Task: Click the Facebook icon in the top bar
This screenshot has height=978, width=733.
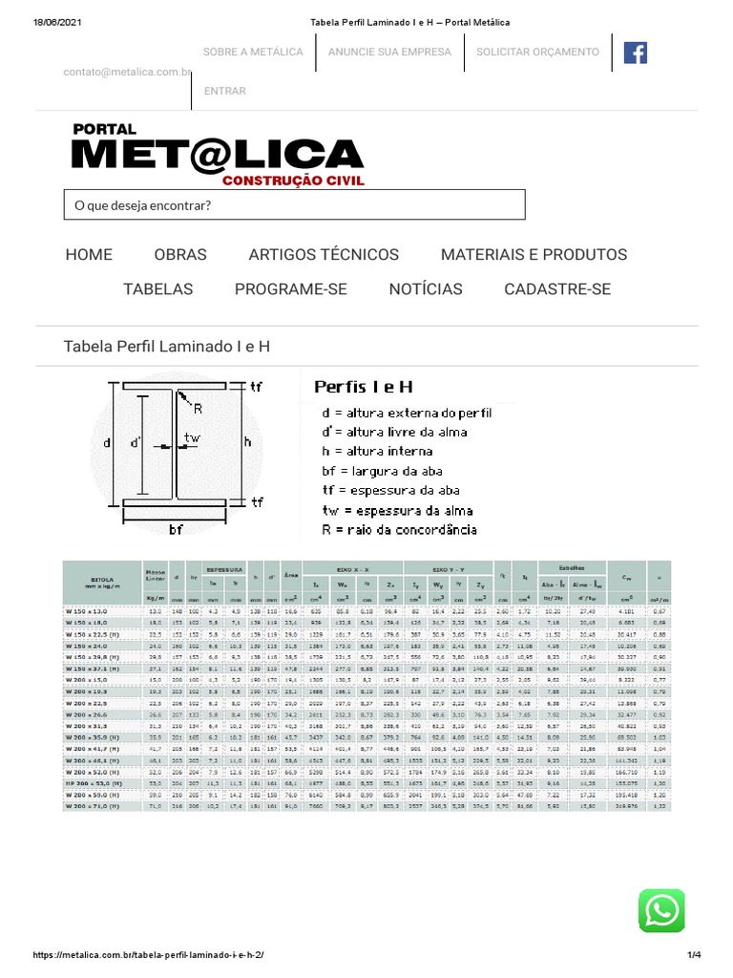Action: click(635, 53)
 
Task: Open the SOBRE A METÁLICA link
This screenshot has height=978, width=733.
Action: click(253, 52)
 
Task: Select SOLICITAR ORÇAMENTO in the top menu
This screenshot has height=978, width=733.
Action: click(538, 52)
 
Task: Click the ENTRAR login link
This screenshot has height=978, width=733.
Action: click(225, 92)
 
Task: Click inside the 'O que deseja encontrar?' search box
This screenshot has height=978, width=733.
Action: click(294, 205)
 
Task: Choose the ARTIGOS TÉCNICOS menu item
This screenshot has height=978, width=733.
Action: click(324, 254)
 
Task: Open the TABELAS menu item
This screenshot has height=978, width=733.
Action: click(157, 288)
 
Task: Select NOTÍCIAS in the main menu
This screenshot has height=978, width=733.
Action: click(426, 288)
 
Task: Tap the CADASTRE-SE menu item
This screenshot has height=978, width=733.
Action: click(557, 288)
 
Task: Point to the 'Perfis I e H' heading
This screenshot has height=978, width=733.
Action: click(364, 387)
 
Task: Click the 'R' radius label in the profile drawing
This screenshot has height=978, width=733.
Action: click(198, 408)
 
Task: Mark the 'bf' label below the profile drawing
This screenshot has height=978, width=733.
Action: click(176, 529)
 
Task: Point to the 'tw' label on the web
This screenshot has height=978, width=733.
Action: click(193, 437)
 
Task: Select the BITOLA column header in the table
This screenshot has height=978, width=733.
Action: click(101, 579)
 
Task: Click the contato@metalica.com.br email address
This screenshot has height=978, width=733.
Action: click(128, 72)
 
